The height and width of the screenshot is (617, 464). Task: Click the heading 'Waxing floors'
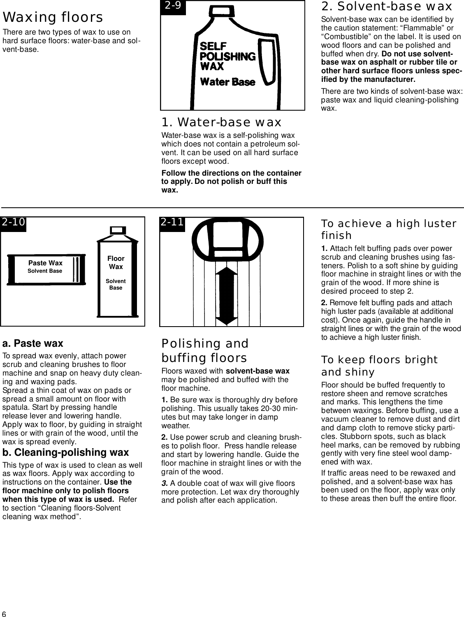pos(53,18)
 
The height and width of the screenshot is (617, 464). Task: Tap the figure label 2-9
pos(173,7)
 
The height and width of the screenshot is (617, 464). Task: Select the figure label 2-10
pos(13,223)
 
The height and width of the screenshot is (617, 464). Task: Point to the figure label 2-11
pos(172,223)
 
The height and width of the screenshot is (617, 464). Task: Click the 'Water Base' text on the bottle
pos(227,82)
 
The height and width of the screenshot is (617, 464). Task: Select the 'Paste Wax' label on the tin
pos(45,263)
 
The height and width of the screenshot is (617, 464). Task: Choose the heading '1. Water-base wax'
pos(221,123)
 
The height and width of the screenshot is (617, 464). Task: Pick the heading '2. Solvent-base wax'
pos(386,7)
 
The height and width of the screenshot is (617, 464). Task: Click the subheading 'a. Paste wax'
pos(33,343)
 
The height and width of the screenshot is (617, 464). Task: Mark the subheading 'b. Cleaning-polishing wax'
pos(66,452)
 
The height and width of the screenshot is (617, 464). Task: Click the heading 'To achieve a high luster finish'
pos(388,230)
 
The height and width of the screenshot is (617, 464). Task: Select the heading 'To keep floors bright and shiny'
pos(379,366)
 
